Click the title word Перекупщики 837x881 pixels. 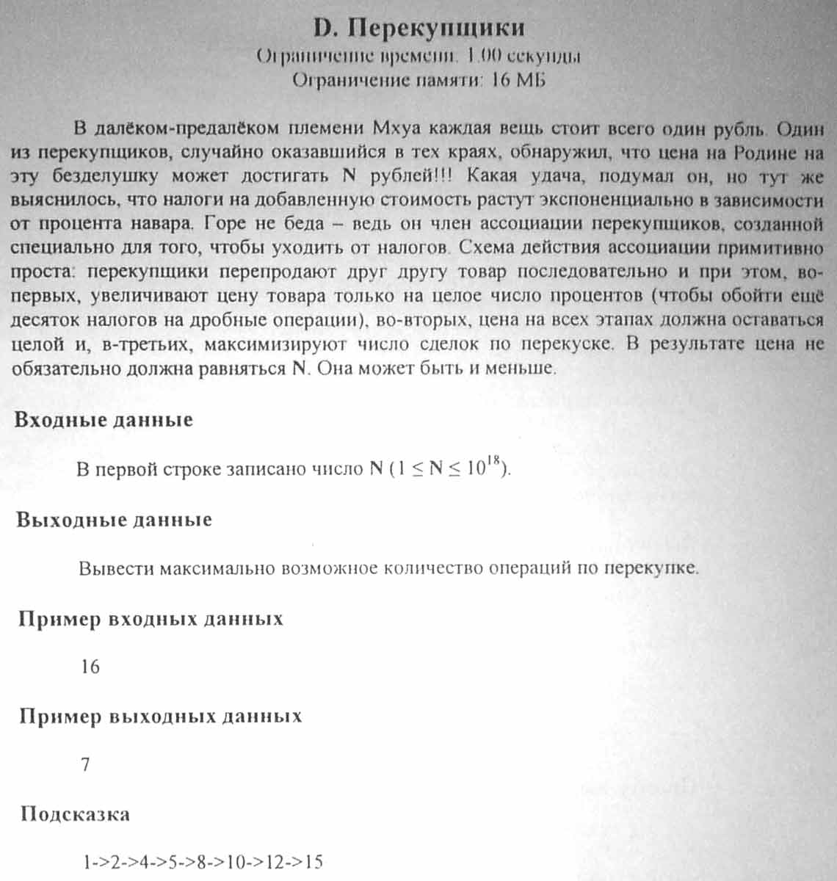(435, 28)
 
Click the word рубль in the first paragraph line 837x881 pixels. (729, 128)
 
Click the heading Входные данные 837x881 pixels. (104, 420)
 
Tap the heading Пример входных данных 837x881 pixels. (151, 619)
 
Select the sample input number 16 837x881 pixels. (90, 667)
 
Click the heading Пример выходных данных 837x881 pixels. (160, 717)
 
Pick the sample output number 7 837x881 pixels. (85, 765)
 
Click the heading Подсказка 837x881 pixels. (75, 814)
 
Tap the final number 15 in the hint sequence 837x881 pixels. (314, 862)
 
